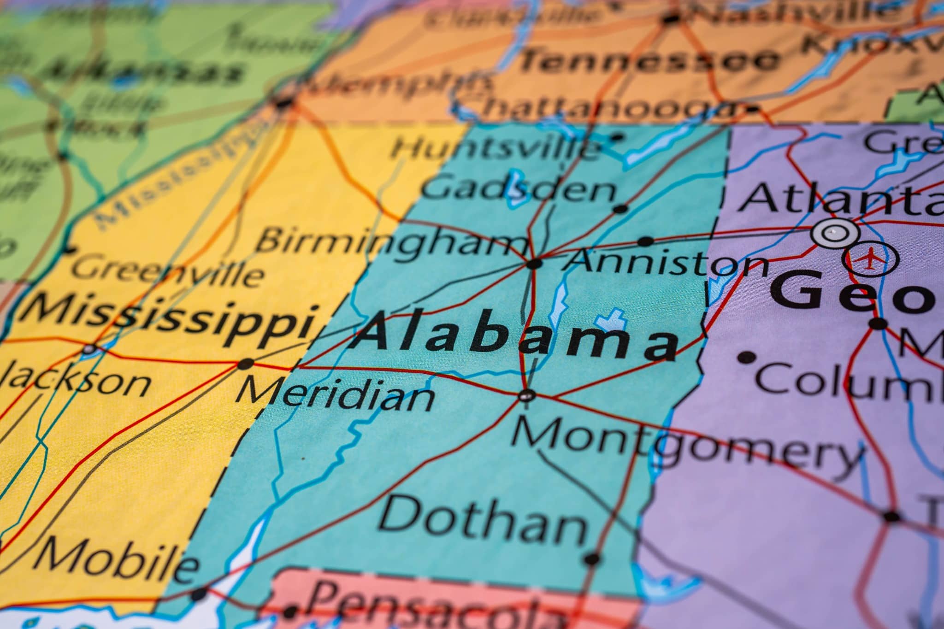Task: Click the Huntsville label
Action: pyautogui.click(x=496, y=148)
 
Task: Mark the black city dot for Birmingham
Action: pyautogui.click(x=535, y=264)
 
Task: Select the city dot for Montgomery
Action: pyautogui.click(x=526, y=395)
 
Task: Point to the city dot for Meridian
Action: pyautogui.click(x=245, y=364)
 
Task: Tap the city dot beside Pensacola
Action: pyautogui.click(x=289, y=612)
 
